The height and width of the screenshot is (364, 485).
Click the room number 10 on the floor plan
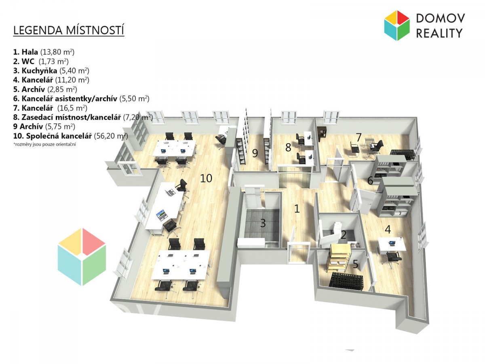pyautogui.click(x=206, y=178)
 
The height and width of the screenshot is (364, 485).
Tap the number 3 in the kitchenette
pyautogui.click(x=263, y=222)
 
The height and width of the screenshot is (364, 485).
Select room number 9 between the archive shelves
pyautogui.click(x=255, y=153)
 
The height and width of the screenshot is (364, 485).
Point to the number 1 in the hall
pyautogui.click(x=297, y=209)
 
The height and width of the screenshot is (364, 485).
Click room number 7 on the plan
pyautogui.click(x=358, y=137)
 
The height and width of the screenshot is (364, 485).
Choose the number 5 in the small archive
pyautogui.click(x=355, y=265)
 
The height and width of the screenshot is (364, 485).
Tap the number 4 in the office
pyautogui.click(x=388, y=229)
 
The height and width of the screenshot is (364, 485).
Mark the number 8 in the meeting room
pyautogui.click(x=288, y=147)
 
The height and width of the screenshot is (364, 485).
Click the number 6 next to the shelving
pyautogui.click(x=370, y=181)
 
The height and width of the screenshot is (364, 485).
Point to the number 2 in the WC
pyautogui.click(x=343, y=235)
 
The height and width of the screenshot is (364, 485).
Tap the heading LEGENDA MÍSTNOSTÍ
pyautogui.click(x=69, y=31)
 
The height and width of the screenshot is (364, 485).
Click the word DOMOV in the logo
pyautogui.click(x=440, y=18)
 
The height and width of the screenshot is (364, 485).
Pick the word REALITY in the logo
pyautogui.click(x=439, y=33)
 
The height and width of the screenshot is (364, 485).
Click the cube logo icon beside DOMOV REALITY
pyautogui.click(x=397, y=25)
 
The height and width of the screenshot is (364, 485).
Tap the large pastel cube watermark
pyautogui.click(x=82, y=257)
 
